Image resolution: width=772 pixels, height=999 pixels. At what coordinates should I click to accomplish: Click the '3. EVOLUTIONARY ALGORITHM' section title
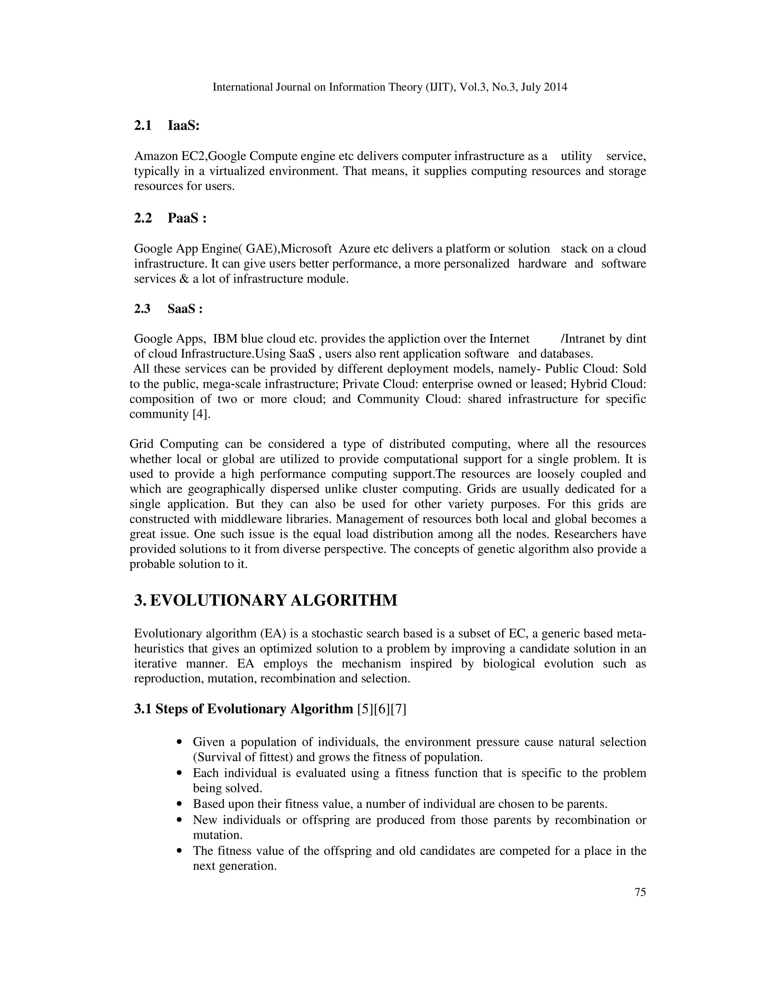[x=266, y=600]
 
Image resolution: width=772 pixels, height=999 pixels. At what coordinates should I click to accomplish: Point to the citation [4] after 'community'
[x=201, y=414]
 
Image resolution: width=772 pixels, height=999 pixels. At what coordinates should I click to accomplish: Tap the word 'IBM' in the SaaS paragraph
[x=225, y=339]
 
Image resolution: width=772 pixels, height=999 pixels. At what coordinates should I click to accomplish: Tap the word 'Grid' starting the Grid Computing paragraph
[x=142, y=444]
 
